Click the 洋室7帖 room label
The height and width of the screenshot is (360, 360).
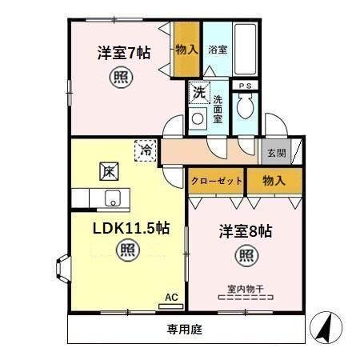click(124, 54)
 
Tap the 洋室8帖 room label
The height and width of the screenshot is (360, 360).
click(246, 231)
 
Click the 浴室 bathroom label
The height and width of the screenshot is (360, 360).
click(218, 49)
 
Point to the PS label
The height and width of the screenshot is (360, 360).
click(244, 84)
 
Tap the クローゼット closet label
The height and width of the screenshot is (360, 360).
click(216, 182)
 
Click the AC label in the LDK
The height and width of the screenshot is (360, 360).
click(170, 298)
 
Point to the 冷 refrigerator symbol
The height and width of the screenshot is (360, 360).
click(146, 149)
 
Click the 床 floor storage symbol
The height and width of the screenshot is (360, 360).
click(110, 170)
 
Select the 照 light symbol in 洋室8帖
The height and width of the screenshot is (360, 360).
click(246, 257)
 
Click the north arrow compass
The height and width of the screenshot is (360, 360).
click(328, 326)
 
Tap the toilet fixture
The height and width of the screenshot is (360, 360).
click(246, 106)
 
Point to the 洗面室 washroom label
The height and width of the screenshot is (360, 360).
click(218, 110)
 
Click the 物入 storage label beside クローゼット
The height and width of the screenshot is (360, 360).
click(274, 182)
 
